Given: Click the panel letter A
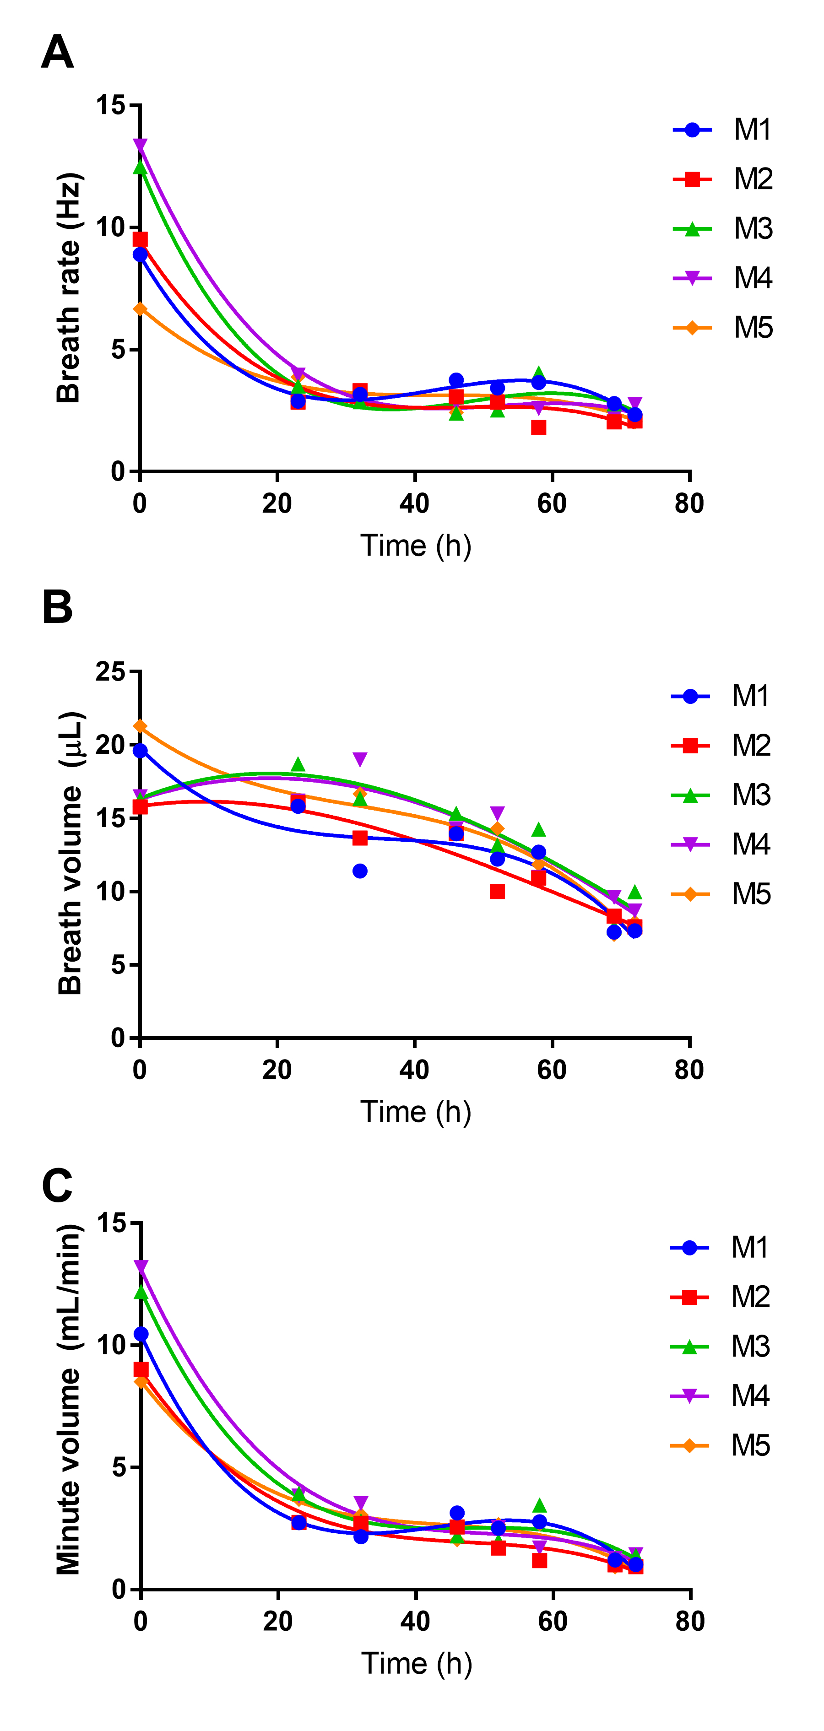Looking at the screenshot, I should [57, 53].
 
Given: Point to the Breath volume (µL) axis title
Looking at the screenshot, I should [70, 854].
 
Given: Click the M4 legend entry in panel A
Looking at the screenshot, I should [723, 277].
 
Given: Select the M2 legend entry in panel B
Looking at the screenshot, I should [721, 745].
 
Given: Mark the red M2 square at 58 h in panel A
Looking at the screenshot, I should [538, 427].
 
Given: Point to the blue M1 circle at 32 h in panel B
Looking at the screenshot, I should [360, 871].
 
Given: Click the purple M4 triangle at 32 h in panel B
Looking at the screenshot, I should [360, 759].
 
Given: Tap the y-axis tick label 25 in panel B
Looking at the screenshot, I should [110, 671].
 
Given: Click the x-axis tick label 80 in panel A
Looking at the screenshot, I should [689, 504].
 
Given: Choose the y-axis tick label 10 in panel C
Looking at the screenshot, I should [111, 1345].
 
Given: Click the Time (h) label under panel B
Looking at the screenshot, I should [415, 1112].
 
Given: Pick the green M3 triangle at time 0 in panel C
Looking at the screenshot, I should [141, 1292].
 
